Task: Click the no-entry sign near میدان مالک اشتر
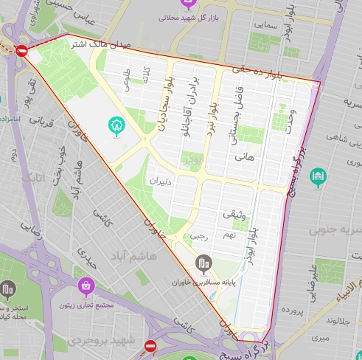(21, 51)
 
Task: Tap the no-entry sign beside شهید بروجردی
(150, 345)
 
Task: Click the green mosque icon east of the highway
(318, 177)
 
